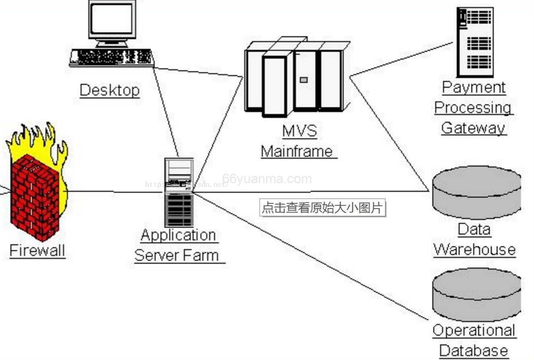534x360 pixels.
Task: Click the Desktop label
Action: (109, 90)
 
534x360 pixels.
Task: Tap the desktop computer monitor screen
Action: (111, 19)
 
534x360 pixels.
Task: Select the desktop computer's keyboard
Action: (111, 57)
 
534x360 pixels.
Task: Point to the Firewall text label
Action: (37, 250)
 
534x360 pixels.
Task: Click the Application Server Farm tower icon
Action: (179, 192)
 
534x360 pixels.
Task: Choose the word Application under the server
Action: (179, 235)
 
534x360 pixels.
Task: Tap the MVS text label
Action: (299, 131)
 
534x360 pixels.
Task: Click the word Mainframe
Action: (297, 151)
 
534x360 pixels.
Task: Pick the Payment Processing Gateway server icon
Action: (475, 42)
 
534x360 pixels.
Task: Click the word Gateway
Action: (473, 128)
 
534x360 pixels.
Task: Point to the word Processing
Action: (473, 108)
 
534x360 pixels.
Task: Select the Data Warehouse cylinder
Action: (477, 192)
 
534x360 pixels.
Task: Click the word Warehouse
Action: (474, 250)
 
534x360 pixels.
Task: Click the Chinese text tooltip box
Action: (322, 208)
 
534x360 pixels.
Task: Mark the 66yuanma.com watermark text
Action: (267, 179)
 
